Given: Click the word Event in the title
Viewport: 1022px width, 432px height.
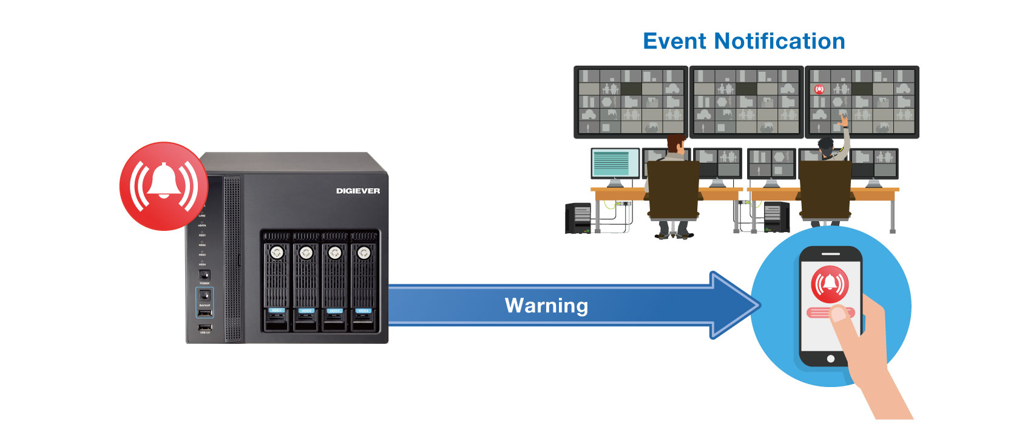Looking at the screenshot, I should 675,41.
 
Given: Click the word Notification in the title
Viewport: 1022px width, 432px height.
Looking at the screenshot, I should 780,41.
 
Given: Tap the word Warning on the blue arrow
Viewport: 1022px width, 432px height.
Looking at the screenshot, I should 546,305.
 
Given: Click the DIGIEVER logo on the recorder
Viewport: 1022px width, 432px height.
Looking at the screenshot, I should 358,191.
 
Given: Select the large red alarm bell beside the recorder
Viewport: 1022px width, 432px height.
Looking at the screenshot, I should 163,186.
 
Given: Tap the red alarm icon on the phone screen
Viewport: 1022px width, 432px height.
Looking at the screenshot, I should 830,284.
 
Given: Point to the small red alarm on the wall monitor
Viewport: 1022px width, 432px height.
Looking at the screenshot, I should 819,89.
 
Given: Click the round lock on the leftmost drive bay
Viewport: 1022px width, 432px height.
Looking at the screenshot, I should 277,252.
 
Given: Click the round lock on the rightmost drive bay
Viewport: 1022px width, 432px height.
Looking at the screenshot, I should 364,252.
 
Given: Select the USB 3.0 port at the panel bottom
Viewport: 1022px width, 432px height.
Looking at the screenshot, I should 205,327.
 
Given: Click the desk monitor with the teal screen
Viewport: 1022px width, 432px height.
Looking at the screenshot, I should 614,163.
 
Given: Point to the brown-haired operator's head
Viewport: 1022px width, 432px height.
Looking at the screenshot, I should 675,144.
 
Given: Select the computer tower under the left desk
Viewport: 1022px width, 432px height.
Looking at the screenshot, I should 578,218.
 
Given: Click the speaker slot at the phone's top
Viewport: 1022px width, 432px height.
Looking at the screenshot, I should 830,254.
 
